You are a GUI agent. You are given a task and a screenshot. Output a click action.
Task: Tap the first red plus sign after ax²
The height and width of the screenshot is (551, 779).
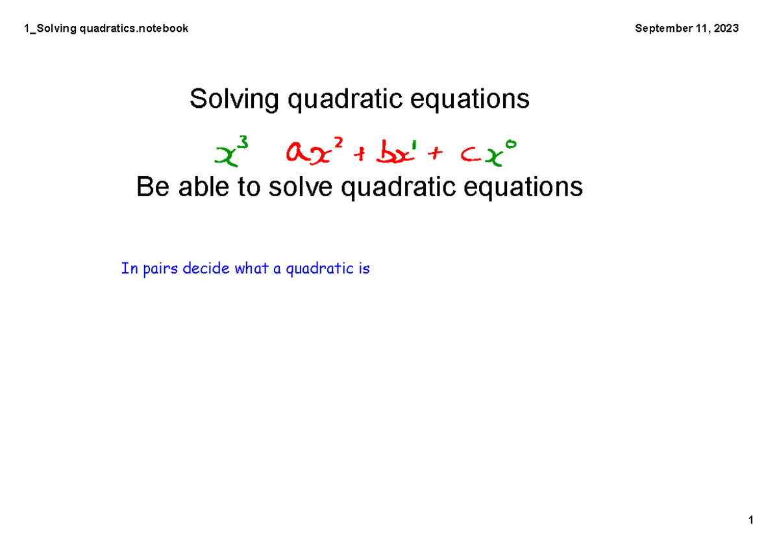361,155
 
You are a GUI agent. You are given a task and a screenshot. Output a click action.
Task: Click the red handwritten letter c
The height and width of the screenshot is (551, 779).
468,156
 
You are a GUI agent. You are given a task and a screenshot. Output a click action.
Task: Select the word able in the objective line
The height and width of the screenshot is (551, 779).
201,188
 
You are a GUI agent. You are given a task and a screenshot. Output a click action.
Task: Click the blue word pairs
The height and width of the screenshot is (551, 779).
160,269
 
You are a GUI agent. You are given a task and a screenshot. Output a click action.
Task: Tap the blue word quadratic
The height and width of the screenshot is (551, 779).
315,269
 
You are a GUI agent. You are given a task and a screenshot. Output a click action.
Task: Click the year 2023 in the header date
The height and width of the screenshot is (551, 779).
725,28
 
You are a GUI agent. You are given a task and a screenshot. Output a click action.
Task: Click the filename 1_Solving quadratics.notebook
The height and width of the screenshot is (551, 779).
106,28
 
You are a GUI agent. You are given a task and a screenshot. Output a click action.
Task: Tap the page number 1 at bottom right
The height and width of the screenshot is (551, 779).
750,520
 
